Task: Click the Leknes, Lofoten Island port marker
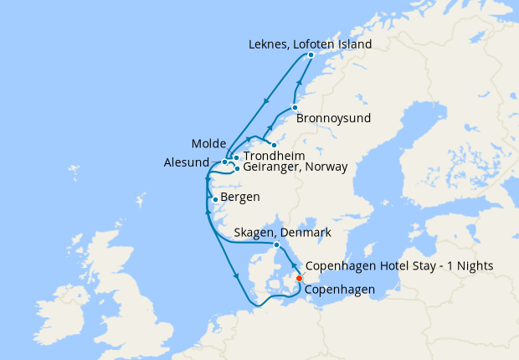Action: click(311, 55)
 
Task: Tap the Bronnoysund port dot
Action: click(295, 107)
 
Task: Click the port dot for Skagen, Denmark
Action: click(276, 244)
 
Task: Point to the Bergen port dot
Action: click(216, 199)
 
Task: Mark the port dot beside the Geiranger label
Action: click(238, 168)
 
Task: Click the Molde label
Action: click(208, 143)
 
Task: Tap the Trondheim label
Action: click(273, 156)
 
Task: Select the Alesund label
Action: click(186, 162)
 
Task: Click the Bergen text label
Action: click(240, 198)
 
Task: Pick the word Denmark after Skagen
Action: click(306, 232)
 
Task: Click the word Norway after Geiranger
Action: click(325, 167)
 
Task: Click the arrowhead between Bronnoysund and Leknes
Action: click(301, 82)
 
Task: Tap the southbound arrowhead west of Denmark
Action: click(237, 276)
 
